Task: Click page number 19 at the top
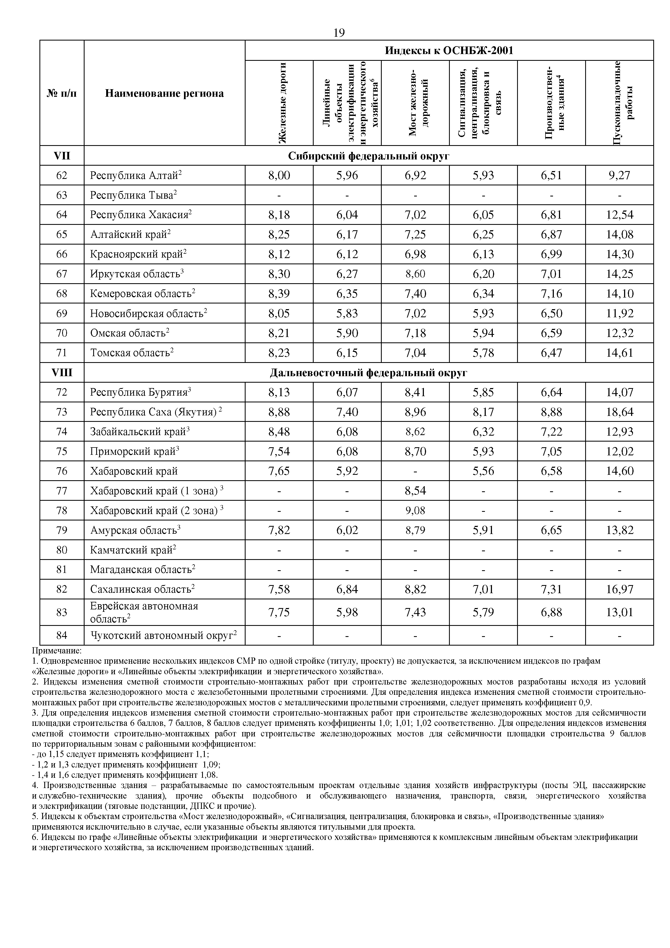pos(339,33)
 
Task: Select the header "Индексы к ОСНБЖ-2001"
pos(449,51)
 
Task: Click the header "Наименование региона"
pos(164,93)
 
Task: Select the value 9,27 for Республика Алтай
pos(619,175)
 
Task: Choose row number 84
pos(62,635)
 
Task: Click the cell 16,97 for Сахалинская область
pos(619,589)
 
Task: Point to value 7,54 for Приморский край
pos(279,451)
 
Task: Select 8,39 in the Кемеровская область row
pos(279,293)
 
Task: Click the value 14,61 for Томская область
pos(619,353)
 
